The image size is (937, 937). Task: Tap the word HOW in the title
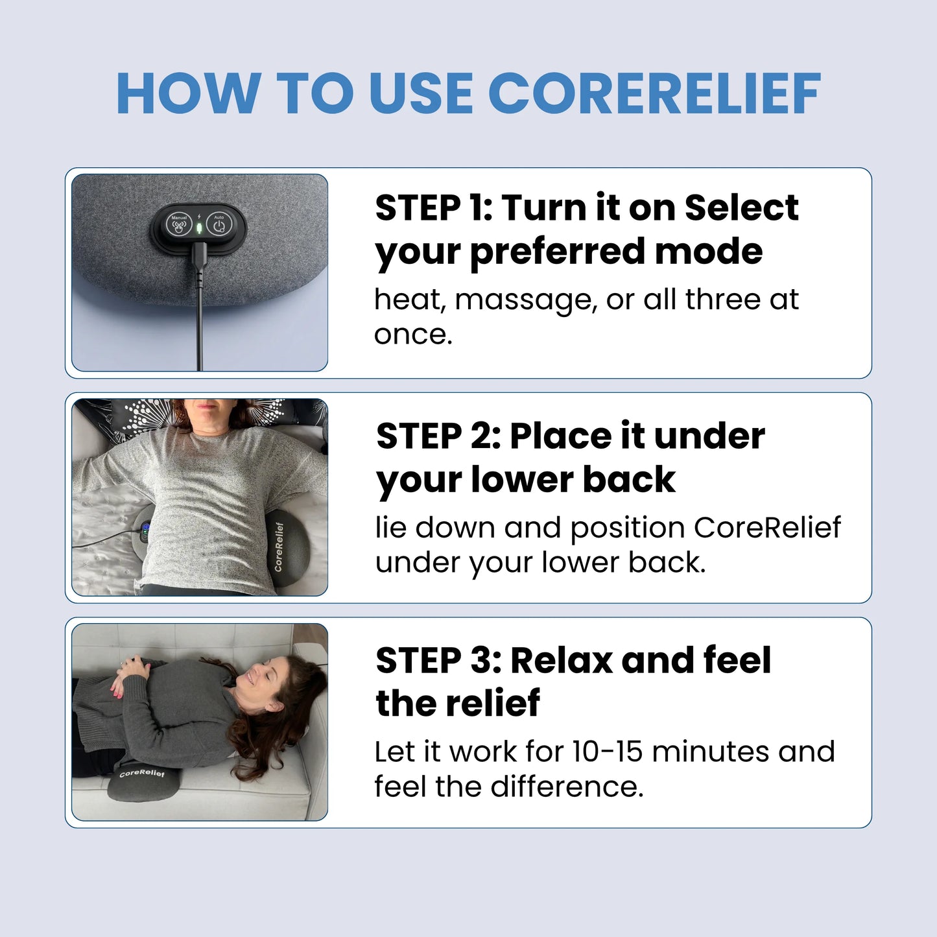189,94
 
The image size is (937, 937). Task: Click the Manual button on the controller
179,225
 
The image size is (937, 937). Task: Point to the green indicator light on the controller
199,228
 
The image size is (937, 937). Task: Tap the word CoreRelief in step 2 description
767,527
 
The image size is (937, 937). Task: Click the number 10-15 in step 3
607,752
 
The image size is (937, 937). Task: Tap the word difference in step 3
566,787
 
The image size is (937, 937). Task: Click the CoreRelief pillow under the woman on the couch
143,781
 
